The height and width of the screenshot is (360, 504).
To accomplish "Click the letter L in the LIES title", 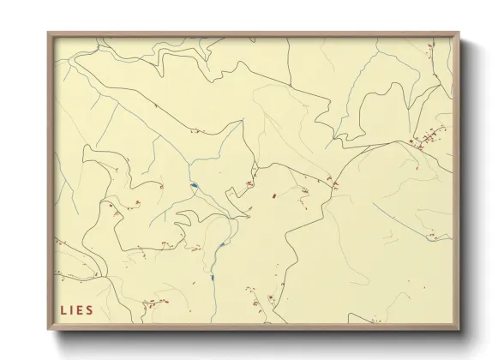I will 63,309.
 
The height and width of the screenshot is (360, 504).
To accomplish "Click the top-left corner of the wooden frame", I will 48,33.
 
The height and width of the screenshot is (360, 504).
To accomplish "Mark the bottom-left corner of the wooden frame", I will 48,330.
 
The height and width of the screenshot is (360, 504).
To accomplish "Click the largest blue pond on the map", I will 195,185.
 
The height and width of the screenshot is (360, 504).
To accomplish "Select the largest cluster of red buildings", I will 427,140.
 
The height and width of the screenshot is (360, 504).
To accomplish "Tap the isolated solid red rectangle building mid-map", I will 274,196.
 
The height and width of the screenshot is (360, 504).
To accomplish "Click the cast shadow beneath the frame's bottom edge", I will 257,337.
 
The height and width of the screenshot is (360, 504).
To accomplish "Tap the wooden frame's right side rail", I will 456,180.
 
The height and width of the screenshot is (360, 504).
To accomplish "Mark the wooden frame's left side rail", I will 51,180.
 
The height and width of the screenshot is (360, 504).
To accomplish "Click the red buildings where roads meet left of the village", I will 333,182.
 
